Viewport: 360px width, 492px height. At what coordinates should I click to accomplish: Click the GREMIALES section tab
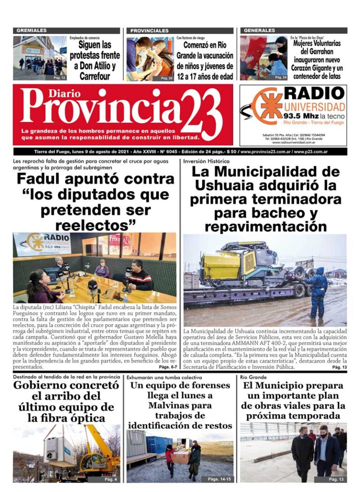pyautogui.click(x=31, y=30)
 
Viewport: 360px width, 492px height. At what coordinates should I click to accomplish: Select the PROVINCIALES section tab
pyautogui.click(x=150, y=30)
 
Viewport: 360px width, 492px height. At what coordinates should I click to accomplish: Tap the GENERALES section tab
pyautogui.click(x=260, y=30)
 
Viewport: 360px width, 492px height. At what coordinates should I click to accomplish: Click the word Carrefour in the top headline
pyautogui.click(x=95, y=76)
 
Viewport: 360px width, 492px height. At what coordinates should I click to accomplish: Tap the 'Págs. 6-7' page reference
pyautogui.click(x=167, y=367)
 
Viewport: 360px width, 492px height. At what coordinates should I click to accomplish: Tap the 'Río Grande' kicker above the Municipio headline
pyautogui.click(x=253, y=377)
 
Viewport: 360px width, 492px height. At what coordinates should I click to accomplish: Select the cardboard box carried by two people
pyautogui.click(x=180, y=456)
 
